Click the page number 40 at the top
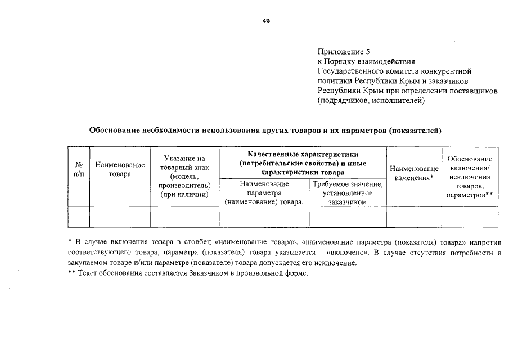pos(266,21)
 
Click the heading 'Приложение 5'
pos(344,51)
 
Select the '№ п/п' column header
pos(79,169)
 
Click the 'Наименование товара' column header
pos(120,169)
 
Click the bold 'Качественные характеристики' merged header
pos(303,154)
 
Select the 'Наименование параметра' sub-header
pos(264,192)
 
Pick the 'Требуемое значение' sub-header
pos(348,192)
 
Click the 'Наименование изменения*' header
pos(414,173)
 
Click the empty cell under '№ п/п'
pos(79,217)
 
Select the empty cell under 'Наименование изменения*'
pos(414,217)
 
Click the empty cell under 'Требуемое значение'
pos(348,217)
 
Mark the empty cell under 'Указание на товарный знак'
pos(184,217)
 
